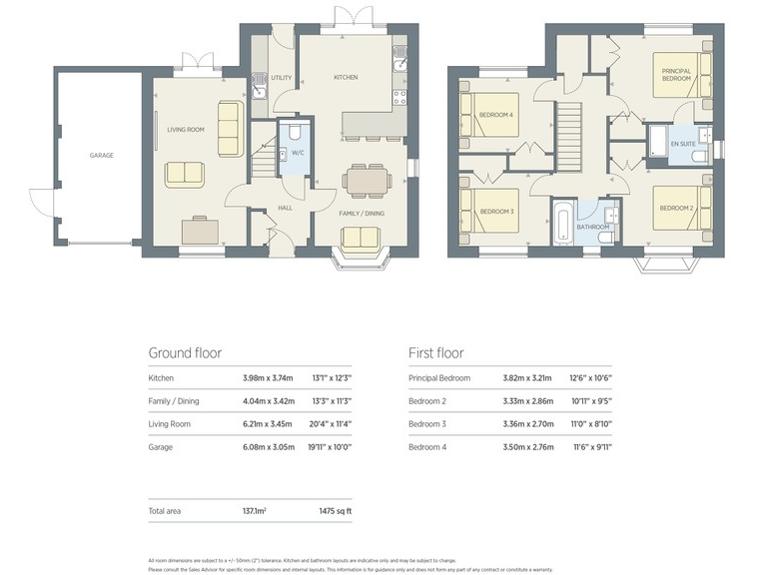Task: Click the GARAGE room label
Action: [x=101, y=156]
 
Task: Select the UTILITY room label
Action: [x=282, y=78]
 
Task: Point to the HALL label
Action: [x=285, y=208]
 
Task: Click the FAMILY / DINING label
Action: [x=362, y=213]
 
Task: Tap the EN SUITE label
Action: [x=683, y=145]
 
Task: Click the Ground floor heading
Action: [x=185, y=352]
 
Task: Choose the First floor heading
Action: [x=436, y=352]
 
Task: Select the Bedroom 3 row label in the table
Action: [x=427, y=424]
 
